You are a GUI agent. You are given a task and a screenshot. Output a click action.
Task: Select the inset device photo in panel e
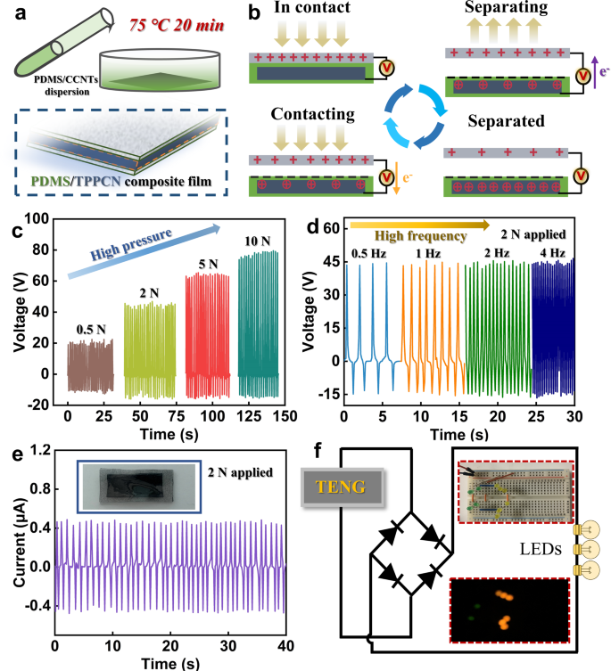click(x=134, y=488)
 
